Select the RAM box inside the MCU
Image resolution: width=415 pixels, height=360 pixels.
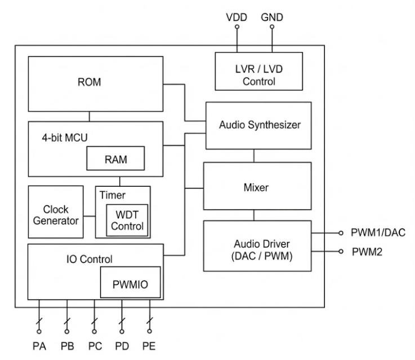pos(115,159)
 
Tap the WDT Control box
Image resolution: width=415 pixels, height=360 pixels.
pos(127,220)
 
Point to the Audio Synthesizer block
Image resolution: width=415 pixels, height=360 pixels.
pos(259,125)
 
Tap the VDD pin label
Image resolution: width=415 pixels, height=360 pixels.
pos(236,17)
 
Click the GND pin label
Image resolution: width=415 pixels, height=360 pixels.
pos(272,17)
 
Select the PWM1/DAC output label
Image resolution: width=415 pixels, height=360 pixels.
pos(378,233)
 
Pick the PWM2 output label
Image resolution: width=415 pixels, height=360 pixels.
pos(367,252)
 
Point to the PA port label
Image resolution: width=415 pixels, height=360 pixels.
pos(39,345)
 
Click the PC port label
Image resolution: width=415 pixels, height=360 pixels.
pos(94,345)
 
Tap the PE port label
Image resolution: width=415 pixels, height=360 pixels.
pos(149,345)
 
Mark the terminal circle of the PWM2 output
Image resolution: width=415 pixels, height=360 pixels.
pos(341,252)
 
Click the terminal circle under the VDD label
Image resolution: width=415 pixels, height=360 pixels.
pos(236,27)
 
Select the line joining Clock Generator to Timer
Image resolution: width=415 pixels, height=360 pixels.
pos(89,215)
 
